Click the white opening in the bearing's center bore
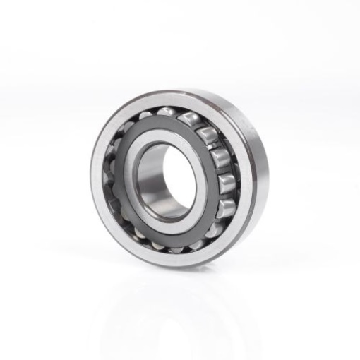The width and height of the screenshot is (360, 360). (x=164, y=179)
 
